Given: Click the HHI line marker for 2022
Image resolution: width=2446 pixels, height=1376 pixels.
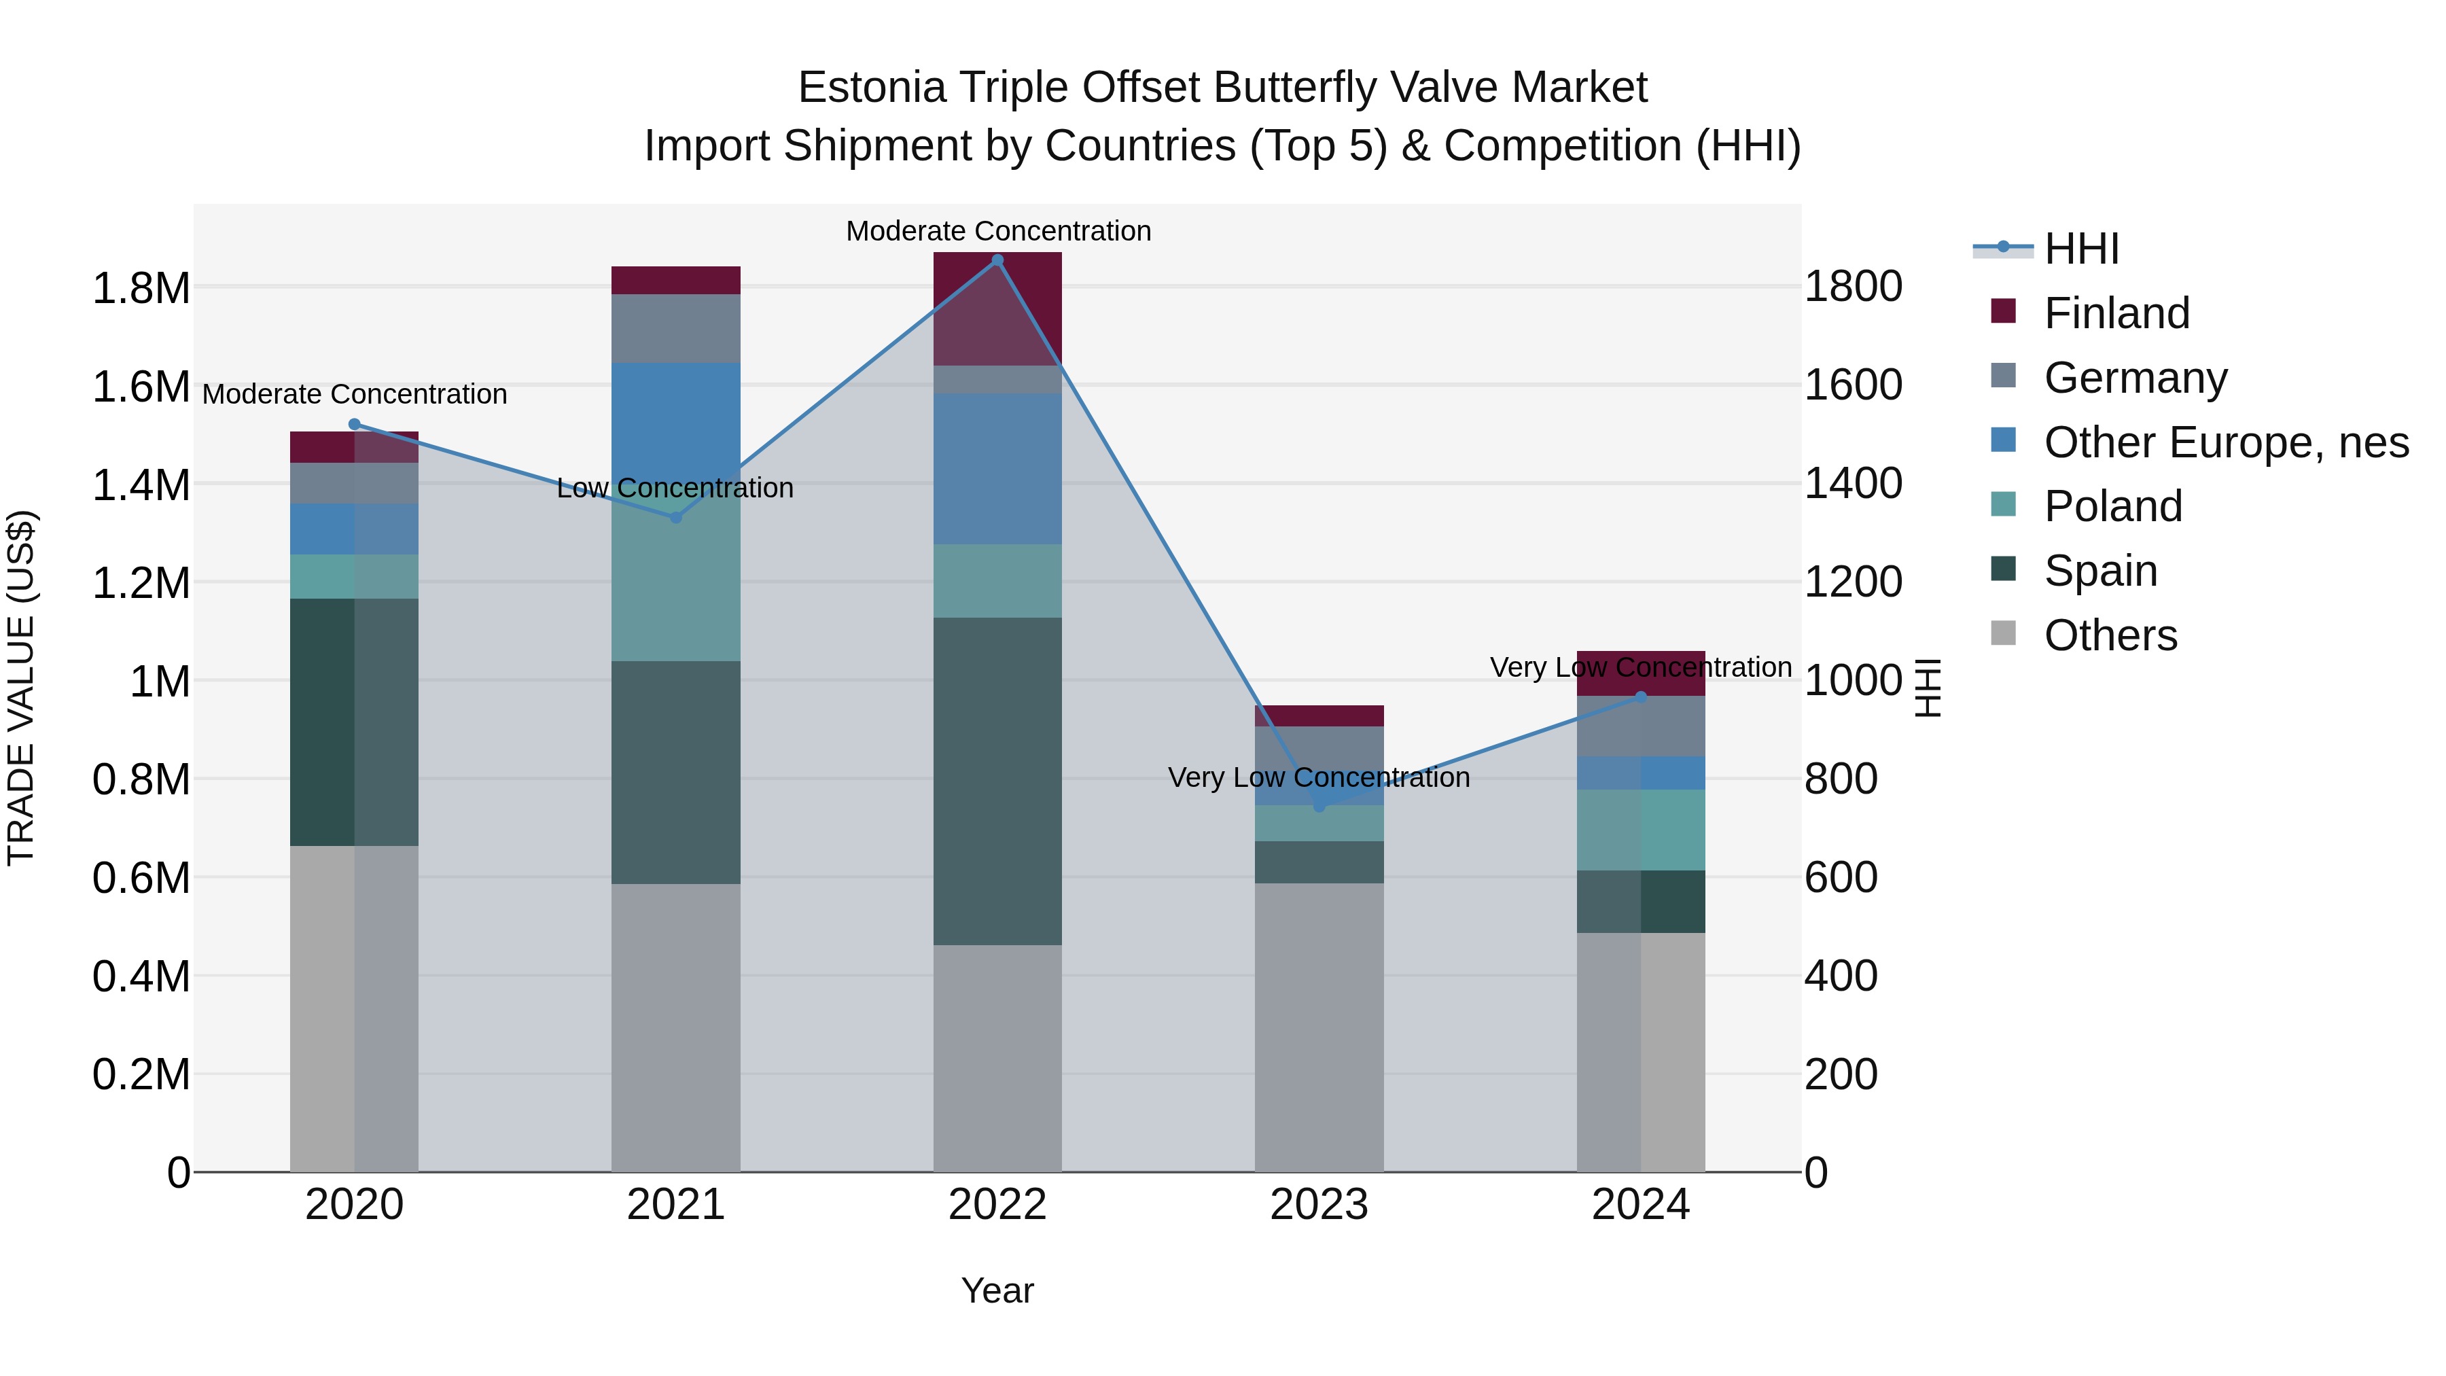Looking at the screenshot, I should point(997,260).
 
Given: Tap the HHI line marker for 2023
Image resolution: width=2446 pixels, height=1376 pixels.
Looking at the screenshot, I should point(1318,806).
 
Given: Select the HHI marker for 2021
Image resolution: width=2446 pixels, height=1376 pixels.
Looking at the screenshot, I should point(676,518).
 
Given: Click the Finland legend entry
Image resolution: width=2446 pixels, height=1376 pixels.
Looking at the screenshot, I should point(2116,313).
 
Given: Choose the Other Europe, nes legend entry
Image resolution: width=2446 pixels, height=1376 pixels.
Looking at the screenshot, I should point(2226,442).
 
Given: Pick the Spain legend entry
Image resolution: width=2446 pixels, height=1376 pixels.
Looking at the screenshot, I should point(2100,571).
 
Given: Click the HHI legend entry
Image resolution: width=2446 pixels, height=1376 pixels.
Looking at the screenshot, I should point(2081,249).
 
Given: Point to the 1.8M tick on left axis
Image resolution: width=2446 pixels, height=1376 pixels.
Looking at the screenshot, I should point(141,287).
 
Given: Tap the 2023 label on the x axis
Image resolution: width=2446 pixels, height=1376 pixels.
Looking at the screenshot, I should point(1318,1205).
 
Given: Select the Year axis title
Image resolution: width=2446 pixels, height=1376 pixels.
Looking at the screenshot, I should point(997,1290).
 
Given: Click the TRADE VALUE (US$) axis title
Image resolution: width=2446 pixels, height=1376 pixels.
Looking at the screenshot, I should point(21,688).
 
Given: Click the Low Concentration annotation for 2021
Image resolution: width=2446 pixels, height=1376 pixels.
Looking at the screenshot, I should point(675,488).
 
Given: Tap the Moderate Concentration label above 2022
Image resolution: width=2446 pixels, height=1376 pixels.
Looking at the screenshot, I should point(998,231).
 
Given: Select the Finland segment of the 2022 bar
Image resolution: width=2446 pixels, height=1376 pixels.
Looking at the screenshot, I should point(997,308).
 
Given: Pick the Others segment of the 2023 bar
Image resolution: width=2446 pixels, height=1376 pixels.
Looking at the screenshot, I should point(1318,1027).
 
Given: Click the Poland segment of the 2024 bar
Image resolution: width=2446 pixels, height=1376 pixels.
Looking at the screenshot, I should point(1640,830).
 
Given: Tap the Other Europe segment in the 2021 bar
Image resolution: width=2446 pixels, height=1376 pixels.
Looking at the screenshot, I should point(676,418).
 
